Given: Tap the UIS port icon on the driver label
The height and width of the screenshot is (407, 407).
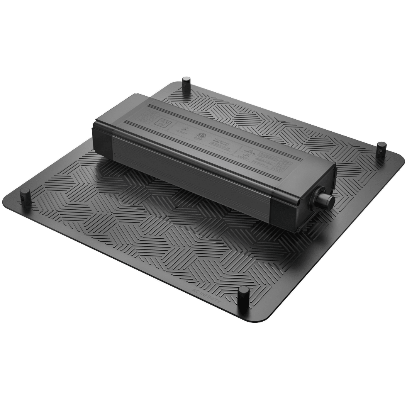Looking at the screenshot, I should tap(160, 124).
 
